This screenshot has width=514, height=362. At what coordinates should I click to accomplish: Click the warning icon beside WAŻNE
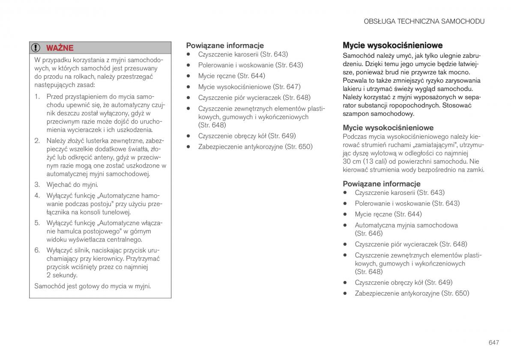pyautogui.click(x=37, y=48)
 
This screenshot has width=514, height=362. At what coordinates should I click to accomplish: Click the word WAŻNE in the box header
pyautogui.click(x=60, y=48)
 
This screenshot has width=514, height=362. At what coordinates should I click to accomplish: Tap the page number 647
pyautogui.click(x=493, y=342)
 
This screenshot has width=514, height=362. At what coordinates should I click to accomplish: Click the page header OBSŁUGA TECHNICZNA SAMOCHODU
pyautogui.click(x=424, y=21)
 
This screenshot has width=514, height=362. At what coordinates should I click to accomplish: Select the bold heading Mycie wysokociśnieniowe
pyautogui.click(x=392, y=45)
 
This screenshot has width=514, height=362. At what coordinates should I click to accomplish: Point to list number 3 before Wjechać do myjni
pyautogui.click(x=37, y=185)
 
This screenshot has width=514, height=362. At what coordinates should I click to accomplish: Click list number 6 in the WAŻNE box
pyautogui.click(x=37, y=250)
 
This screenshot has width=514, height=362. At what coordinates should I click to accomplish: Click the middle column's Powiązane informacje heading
pyautogui.click(x=224, y=45)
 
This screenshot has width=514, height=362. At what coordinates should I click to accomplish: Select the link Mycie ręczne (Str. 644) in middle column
pyautogui.click(x=231, y=76)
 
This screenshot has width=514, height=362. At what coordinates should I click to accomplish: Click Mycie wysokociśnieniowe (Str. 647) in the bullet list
pyautogui.click(x=249, y=87)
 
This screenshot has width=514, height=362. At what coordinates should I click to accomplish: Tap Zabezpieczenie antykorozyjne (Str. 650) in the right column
pyautogui.click(x=412, y=293)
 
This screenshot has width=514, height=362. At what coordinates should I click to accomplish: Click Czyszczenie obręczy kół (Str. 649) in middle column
pyautogui.click(x=247, y=136)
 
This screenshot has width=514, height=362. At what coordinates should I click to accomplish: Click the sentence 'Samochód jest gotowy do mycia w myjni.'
pyautogui.click(x=93, y=286)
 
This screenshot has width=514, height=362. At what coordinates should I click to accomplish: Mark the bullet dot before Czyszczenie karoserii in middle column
pyautogui.click(x=188, y=54)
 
